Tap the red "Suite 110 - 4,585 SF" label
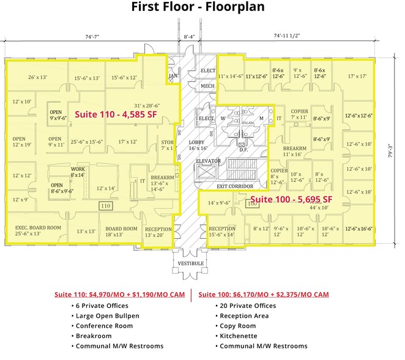coord(113,114)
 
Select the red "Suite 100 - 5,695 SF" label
coord(291,199)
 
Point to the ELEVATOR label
coord(208,161)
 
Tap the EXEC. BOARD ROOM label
coord(38,230)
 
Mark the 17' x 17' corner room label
coord(356,77)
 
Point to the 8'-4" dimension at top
coord(190,37)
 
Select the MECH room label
coord(207,86)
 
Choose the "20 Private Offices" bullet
coord(245,305)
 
